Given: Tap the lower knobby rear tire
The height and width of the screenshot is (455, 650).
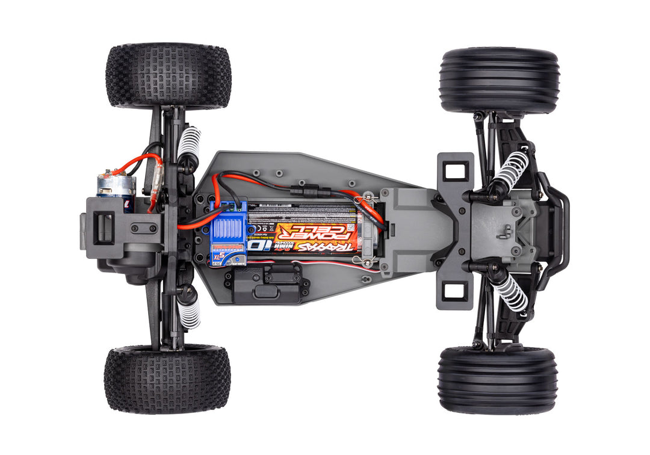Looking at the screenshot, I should coord(167,379).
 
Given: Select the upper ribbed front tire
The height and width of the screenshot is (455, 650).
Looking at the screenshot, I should coord(499,81).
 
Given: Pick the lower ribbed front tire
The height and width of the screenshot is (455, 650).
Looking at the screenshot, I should coord(498,379).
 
